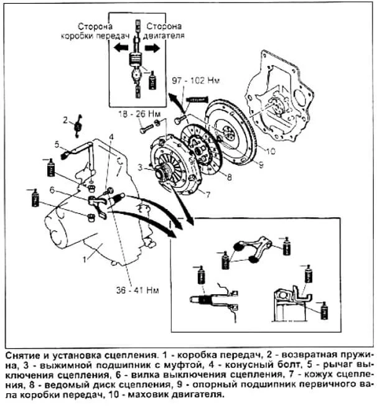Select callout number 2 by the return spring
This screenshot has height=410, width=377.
coord(65,118)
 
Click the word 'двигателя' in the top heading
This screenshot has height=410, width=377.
coord(165,36)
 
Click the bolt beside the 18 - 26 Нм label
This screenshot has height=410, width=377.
coord(144,130)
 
